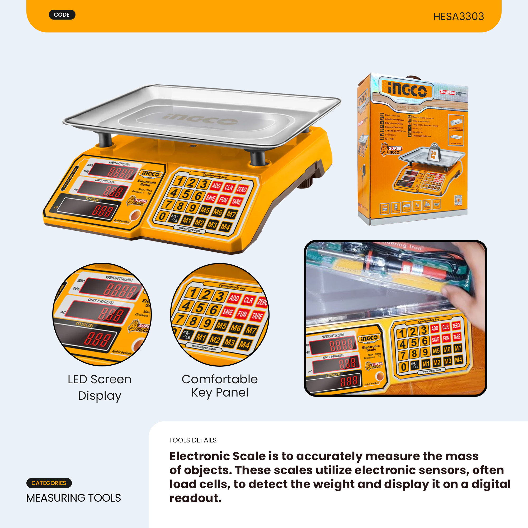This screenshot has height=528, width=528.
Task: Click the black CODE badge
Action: pos(62,15)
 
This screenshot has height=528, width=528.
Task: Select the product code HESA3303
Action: pos(458,17)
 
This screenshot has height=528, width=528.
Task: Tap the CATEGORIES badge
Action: pos(49,483)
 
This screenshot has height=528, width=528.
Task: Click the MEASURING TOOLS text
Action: pos(73,498)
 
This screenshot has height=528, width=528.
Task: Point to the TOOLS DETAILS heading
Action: pos(193,440)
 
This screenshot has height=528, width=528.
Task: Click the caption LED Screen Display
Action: pos(100,387)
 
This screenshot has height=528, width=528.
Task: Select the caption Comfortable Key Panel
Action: pos(219,386)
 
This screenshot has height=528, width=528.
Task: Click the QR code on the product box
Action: pos(458,200)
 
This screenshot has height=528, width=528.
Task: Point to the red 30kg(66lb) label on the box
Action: pos(447,92)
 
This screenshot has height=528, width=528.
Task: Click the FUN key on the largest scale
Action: pos(223,200)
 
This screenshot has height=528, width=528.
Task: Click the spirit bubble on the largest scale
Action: pos(135,215)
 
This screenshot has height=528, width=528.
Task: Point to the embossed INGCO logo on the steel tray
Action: pos(200,119)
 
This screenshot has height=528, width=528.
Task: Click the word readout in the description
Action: pos(195,498)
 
